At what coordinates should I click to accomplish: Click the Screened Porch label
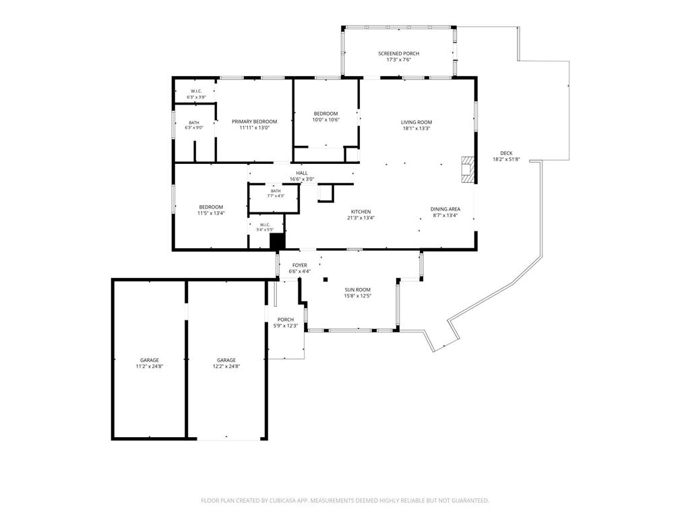pos(399,54)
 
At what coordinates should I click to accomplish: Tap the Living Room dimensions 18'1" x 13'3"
pos(416,129)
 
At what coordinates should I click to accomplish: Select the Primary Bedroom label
pos(254,121)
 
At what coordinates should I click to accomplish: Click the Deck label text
pos(506,153)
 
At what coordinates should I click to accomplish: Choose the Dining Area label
pos(445,209)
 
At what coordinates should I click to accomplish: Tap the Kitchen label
pos(361,212)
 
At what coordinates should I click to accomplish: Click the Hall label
pos(302,173)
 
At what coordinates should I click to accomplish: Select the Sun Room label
pos(357,290)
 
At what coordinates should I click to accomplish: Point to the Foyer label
pos(300,266)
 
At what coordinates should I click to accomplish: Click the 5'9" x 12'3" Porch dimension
pos(286,326)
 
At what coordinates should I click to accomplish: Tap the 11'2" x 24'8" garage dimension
pos(150,366)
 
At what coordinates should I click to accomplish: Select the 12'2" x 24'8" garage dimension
pos(226,366)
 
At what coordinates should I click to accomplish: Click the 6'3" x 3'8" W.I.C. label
pos(196,97)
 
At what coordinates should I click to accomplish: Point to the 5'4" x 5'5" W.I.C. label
pos(265,229)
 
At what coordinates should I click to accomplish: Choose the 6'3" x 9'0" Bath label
pos(193,127)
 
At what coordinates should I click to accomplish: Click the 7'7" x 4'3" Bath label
pos(276,196)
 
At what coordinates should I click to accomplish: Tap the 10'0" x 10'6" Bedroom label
pos(326,120)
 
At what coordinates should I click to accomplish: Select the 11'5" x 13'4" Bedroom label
pos(211,213)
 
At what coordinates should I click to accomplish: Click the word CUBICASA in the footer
pos(284,500)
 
